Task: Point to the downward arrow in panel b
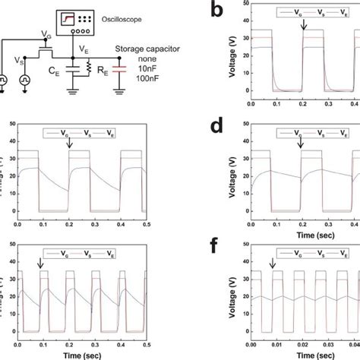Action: coord(304,27)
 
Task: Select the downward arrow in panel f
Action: coord(272,263)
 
